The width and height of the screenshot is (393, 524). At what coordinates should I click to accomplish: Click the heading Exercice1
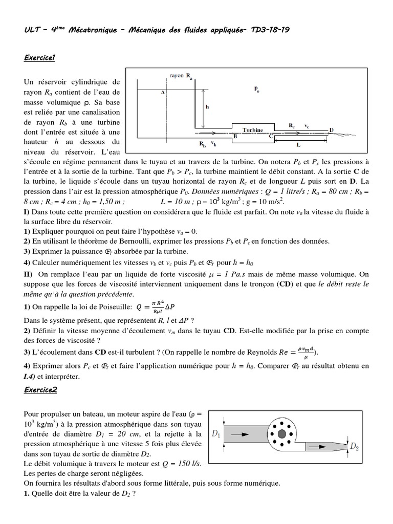click(39, 58)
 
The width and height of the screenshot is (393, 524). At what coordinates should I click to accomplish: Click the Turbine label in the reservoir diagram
click(252, 130)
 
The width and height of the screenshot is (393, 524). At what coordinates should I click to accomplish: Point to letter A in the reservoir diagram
click(162, 93)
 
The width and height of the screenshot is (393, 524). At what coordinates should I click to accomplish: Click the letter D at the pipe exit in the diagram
click(331, 130)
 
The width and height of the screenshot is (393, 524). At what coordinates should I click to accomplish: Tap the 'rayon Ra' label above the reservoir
click(179, 76)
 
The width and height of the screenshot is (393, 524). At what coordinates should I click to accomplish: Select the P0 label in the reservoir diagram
click(256, 89)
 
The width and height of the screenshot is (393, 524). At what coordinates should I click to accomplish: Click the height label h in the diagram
click(207, 107)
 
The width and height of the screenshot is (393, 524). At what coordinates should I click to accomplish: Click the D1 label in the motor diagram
click(216, 434)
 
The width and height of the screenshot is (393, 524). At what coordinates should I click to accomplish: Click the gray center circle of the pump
click(281, 434)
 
